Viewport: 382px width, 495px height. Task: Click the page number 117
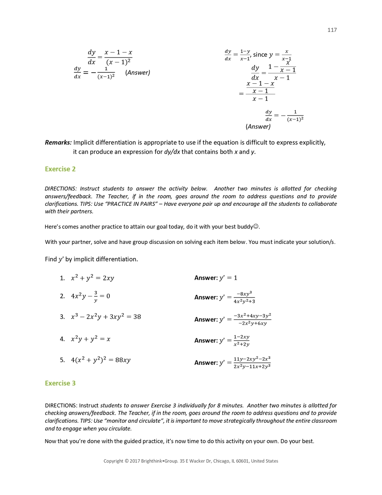[x=332, y=30]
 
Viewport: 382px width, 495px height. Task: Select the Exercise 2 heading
[x=60, y=169]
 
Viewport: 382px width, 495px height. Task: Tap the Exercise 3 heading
[x=60, y=383]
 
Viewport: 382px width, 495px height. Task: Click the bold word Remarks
[x=58, y=143]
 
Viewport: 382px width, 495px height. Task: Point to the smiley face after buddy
[x=256, y=226]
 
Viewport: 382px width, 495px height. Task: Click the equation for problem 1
[x=92, y=278]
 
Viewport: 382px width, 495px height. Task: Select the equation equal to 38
[x=106, y=317]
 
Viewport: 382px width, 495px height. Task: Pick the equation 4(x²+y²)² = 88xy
[x=101, y=360]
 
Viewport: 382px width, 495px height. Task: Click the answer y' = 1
[x=228, y=278]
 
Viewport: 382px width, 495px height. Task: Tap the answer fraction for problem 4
[x=241, y=341]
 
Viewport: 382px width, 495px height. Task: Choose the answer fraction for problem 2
[x=244, y=298]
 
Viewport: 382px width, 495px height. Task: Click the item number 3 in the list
[x=62, y=317]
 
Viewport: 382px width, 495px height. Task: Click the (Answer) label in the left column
[x=138, y=73]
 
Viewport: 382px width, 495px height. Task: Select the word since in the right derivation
[x=260, y=55]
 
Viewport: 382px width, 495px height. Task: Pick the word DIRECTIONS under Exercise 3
[x=60, y=406]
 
